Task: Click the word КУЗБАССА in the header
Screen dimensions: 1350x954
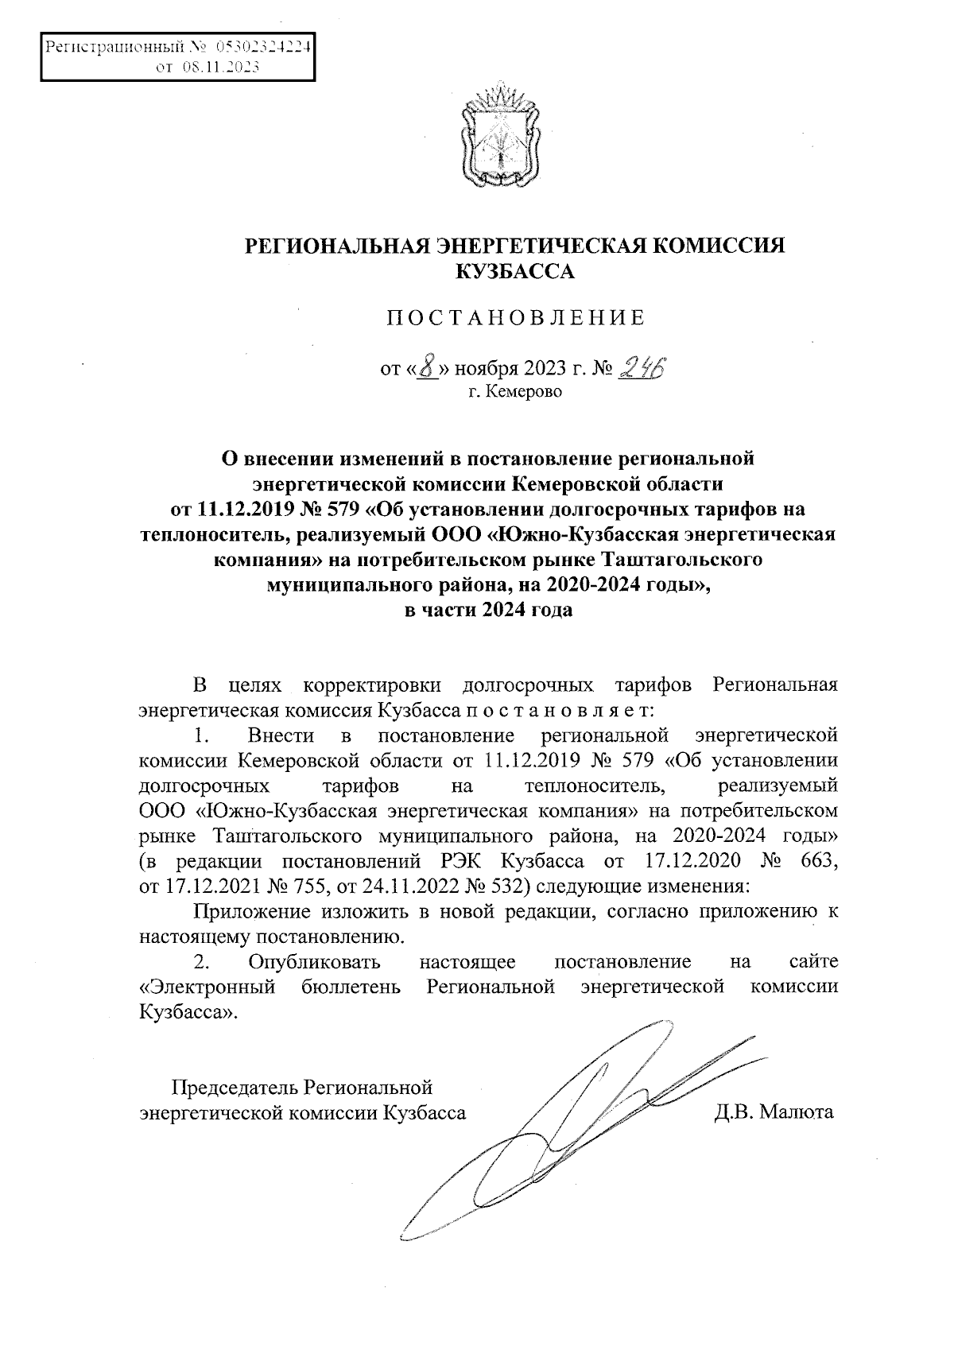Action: (514, 272)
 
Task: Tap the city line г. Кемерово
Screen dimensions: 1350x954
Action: (514, 392)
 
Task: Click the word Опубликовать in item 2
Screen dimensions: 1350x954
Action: (314, 963)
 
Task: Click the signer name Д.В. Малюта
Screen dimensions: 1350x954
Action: (774, 1111)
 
